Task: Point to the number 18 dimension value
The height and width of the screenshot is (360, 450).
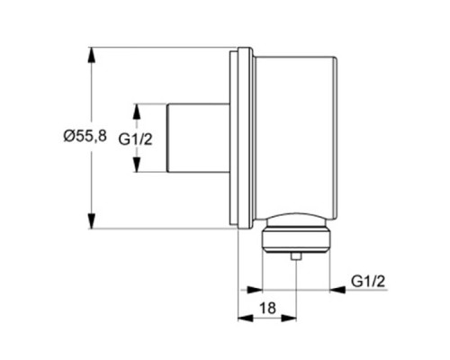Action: click(267, 308)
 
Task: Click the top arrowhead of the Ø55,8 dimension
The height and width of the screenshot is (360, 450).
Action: click(92, 51)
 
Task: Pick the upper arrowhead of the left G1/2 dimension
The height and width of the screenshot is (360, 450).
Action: click(137, 108)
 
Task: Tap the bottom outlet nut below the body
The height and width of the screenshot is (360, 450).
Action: click(295, 240)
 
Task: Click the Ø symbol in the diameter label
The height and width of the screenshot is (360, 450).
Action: click(69, 137)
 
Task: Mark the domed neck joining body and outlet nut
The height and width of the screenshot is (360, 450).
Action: click(295, 220)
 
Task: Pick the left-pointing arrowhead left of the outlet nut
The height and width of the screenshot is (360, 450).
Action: click(253, 289)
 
